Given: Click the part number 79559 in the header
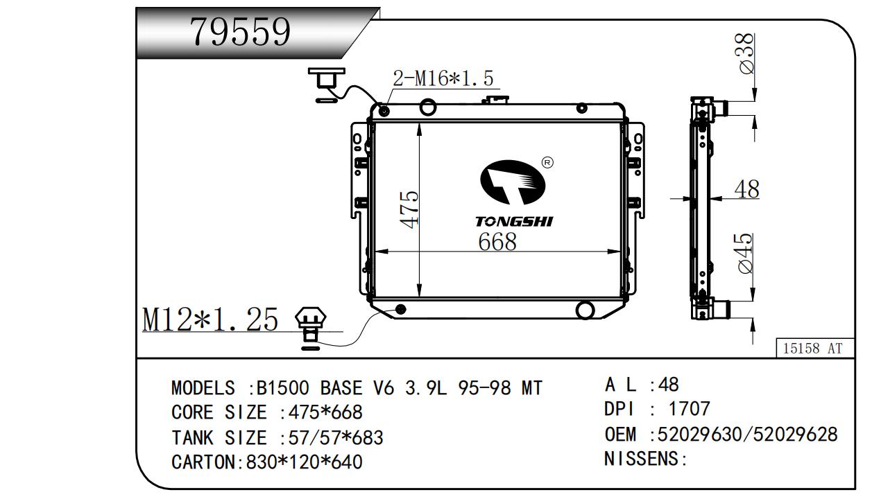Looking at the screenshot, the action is pos(240,32).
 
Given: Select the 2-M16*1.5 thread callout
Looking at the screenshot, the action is pos(443,78).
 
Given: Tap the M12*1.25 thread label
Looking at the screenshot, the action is pos(210,319).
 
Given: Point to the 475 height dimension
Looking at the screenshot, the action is pos(409,209).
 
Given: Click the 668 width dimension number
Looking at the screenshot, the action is pos(497,241).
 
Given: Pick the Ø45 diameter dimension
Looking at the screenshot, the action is pos(745,254).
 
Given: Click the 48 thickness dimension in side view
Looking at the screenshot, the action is pos(746,189).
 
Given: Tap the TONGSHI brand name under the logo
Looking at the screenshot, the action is pos(514,222).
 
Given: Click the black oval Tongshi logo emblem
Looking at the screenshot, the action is pos(513,182).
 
